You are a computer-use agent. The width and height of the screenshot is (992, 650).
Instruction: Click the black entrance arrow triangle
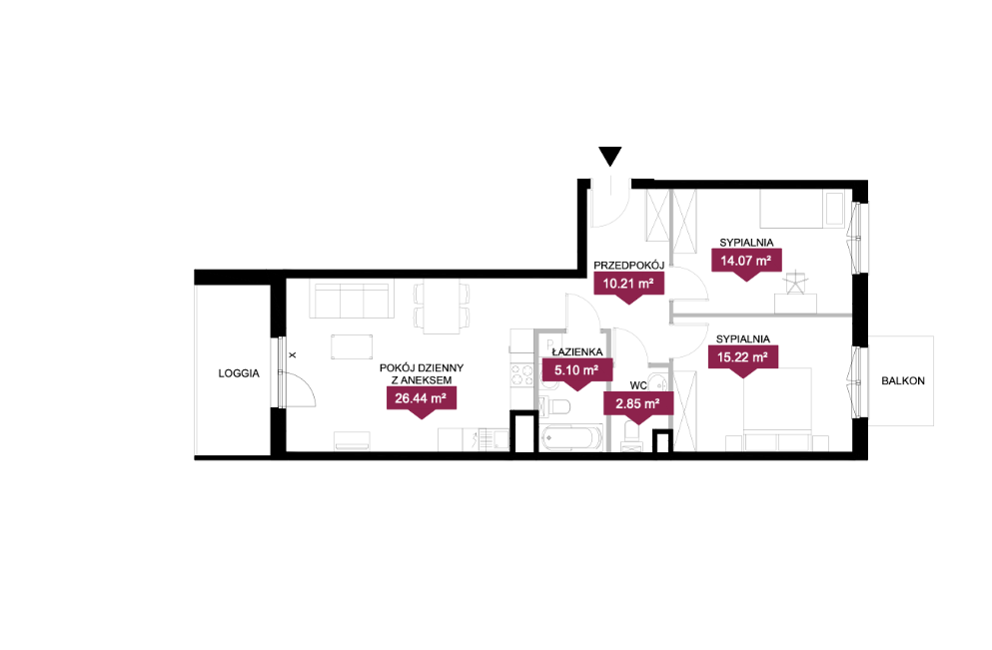pos(610,156)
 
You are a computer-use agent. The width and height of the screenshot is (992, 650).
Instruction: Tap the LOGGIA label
pos(239,373)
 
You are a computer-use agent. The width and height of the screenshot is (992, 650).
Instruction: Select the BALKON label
pos(903,380)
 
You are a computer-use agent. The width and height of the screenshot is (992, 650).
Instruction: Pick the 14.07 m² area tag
pos(746,264)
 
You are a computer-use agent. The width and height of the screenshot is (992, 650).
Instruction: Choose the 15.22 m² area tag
pos(742,360)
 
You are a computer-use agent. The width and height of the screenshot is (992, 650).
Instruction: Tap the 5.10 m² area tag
pos(577,374)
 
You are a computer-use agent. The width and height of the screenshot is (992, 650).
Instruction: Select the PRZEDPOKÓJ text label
pos(628,266)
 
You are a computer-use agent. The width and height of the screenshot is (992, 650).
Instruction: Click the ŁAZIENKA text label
pos(577,351)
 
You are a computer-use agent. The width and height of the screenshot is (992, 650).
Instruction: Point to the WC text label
pos(638,385)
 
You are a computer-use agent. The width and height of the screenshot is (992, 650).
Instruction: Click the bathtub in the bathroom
pos(572,438)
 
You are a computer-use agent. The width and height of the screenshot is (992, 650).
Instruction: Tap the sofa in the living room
pos(351,301)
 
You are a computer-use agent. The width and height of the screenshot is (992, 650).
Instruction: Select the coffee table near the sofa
pos(352,347)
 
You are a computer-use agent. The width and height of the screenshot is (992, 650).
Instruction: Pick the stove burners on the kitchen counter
pos(521,374)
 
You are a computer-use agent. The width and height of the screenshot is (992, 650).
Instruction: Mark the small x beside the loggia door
pos(293,355)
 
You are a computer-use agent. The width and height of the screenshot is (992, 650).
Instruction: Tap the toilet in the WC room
pos(632,436)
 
